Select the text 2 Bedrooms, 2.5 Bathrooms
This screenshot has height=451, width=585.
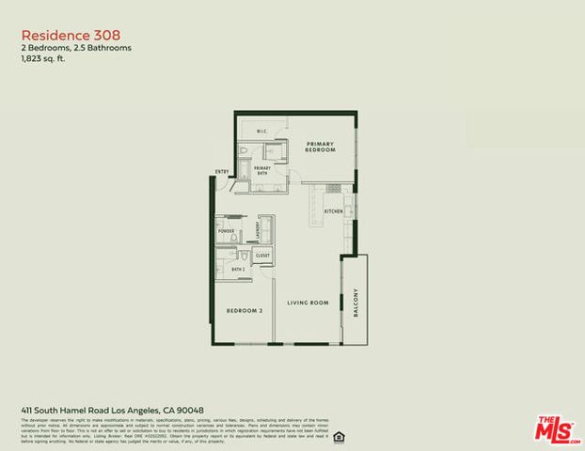[76, 47]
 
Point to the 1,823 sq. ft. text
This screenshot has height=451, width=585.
[44, 58]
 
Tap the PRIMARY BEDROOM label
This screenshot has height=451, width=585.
[320, 147]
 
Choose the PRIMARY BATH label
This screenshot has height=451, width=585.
[262, 169]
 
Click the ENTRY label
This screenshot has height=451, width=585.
[221, 172]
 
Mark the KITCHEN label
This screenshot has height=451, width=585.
[334, 211]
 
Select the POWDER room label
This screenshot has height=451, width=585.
[227, 231]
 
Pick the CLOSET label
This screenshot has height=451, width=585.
[261, 256]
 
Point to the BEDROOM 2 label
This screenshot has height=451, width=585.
[244, 311]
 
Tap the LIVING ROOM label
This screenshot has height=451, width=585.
[307, 303]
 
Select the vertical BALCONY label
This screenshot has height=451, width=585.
[356, 302]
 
